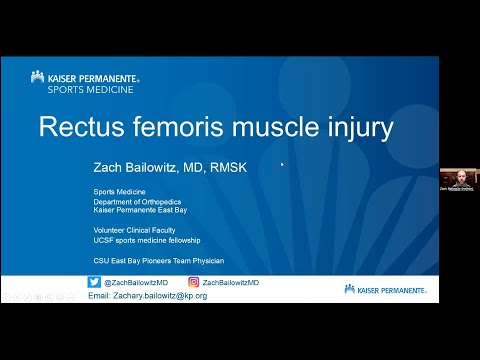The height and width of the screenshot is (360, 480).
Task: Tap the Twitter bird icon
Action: click(95, 283)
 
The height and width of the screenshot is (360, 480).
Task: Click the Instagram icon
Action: click(194, 283)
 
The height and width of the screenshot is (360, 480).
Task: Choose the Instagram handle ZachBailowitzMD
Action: click(231, 283)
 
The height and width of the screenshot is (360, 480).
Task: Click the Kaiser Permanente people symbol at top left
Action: click(37, 76)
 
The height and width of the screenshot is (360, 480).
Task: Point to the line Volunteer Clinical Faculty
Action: click(131, 230)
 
